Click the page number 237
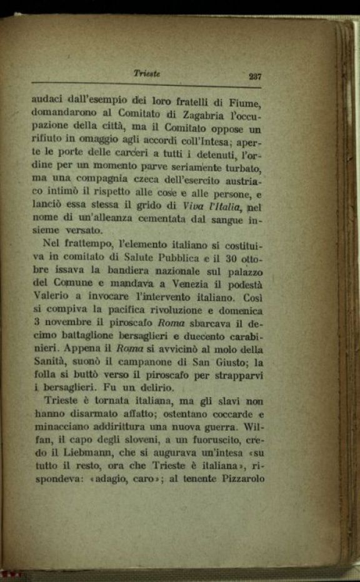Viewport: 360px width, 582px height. point(254,76)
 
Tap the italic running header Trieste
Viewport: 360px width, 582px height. point(147,73)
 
